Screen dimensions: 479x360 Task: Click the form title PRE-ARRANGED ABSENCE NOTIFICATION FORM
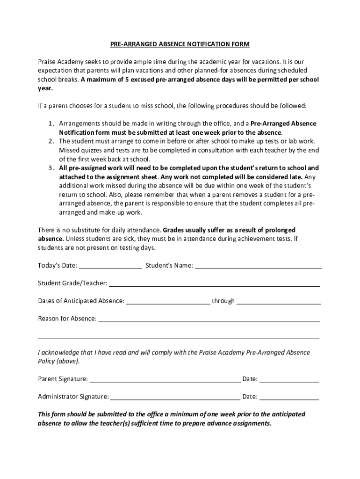(x=180, y=44)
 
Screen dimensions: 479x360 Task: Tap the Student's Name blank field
(x=258, y=267)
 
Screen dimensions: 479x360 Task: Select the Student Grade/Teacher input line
(x=214, y=284)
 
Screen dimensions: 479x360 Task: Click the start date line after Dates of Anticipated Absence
(x=168, y=302)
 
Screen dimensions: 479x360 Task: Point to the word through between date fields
(x=223, y=301)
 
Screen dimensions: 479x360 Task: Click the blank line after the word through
(x=279, y=302)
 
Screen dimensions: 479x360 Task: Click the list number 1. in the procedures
(x=51, y=123)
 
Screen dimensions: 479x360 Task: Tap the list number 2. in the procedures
(x=51, y=141)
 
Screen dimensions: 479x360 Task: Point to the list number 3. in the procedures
(x=51, y=168)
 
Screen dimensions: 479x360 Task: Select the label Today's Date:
(x=58, y=266)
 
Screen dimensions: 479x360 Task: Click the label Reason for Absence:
(x=67, y=319)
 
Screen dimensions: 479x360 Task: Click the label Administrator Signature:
(x=73, y=397)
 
